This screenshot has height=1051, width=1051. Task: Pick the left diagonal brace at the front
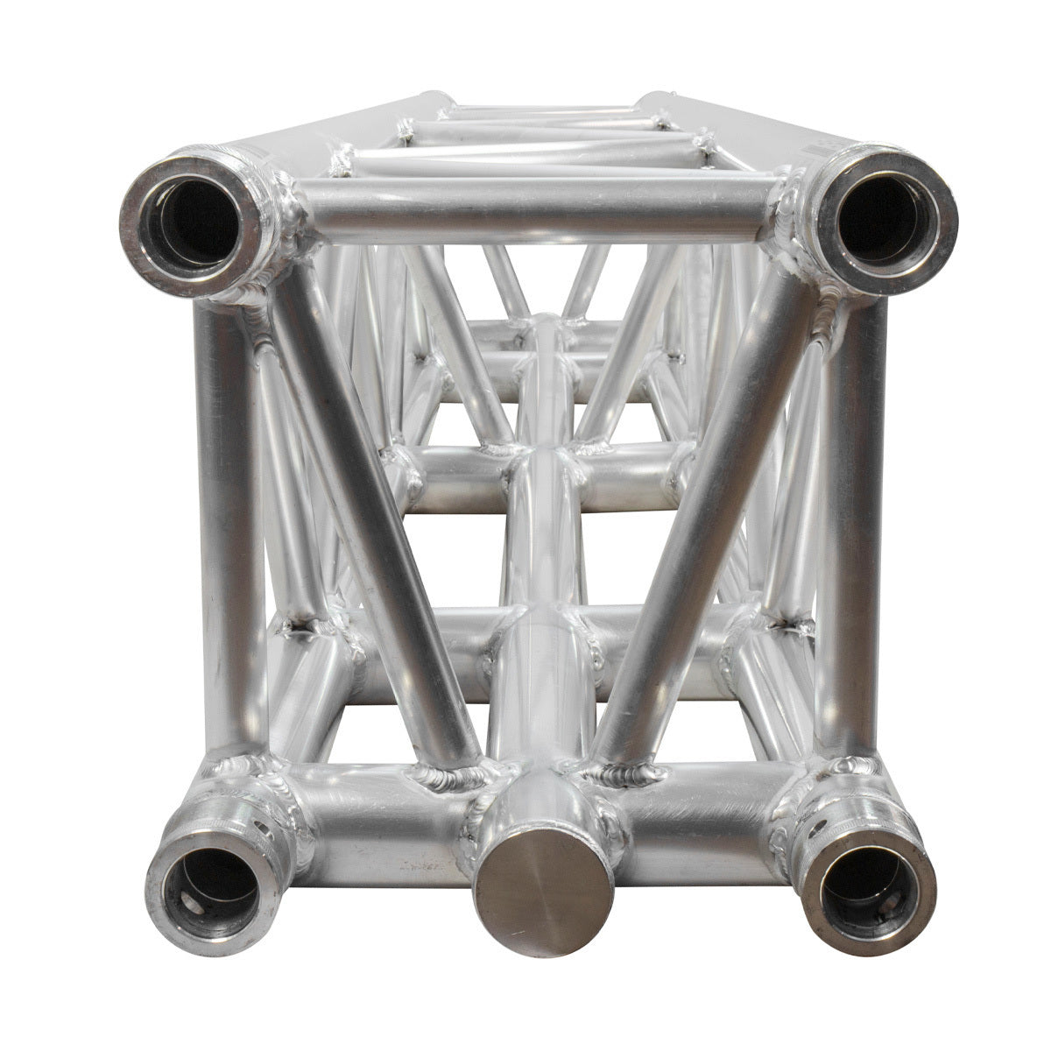click(x=377, y=517)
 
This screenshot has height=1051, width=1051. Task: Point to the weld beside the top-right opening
click(x=793, y=210)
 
